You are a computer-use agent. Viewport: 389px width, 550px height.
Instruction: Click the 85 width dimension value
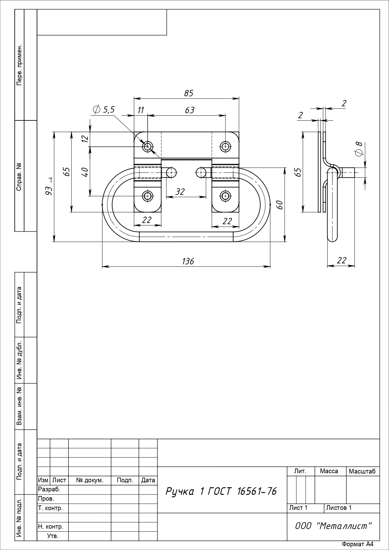[189, 93]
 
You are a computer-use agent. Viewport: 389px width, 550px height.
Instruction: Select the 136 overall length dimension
[188, 261]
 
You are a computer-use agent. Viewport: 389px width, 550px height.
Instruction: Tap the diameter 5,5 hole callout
[104, 109]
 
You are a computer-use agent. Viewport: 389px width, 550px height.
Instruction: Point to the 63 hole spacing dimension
[190, 110]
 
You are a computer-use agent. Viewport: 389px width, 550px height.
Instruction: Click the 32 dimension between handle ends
[180, 192]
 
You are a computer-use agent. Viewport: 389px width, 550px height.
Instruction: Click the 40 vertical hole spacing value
[85, 172]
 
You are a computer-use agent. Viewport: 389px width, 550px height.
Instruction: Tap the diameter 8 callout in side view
[358, 148]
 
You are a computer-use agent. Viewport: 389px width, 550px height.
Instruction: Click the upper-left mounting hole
[148, 146]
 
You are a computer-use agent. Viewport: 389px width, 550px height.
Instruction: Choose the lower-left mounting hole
[148, 196]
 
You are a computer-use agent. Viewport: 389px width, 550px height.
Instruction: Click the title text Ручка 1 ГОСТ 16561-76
[221, 491]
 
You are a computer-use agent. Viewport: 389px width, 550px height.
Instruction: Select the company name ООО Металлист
[334, 526]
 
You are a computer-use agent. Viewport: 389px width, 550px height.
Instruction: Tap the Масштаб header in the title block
[362, 471]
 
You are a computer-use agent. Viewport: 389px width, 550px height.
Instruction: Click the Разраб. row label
[49, 489]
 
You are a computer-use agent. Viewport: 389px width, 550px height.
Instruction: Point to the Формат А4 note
[358, 544]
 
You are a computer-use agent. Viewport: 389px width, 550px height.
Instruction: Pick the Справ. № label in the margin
[19, 177]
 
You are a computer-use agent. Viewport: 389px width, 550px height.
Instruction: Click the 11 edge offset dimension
[141, 110]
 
